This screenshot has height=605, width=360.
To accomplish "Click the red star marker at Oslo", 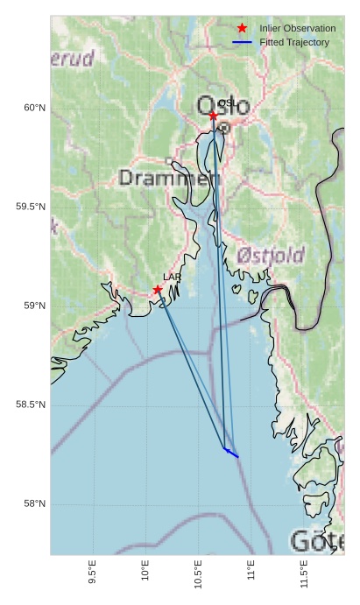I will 213,116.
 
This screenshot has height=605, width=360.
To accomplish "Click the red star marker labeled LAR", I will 158,290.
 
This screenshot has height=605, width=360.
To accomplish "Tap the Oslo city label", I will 224,107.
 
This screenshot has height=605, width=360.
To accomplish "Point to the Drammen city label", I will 167,179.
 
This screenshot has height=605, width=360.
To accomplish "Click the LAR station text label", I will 172,277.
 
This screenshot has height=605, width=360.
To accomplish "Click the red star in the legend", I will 243,29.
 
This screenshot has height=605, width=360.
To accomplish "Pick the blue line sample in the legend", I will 243,42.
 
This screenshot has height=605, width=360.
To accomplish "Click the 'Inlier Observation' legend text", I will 298,29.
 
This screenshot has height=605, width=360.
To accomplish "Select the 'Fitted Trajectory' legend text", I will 294,42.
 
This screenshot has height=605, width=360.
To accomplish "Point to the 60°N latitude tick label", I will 34,108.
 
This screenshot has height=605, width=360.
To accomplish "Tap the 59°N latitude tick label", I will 34,306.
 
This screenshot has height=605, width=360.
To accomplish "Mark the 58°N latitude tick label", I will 34,503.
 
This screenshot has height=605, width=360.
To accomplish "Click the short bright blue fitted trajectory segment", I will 231,453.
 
